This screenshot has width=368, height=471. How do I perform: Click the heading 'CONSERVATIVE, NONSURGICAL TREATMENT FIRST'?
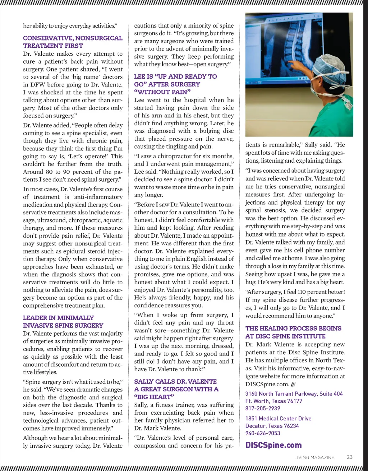tap(73, 42)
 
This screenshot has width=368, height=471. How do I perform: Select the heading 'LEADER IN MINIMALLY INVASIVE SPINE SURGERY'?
tap(63, 322)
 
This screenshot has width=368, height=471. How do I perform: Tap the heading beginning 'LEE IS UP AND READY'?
tap(175, 84)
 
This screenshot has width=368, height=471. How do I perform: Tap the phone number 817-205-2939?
tap(263, 409)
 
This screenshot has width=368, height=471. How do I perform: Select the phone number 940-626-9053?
tap(263, 433)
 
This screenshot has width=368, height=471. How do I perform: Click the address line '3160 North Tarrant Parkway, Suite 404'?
tap(294, 394)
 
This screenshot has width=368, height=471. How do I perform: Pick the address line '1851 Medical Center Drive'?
tap(278, 419)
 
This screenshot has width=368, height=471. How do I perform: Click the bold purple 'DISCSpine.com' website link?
tap(273, 445)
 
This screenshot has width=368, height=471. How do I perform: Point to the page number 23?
tap(349, 457)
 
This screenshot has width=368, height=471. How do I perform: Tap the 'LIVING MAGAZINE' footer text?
tap(314, 458)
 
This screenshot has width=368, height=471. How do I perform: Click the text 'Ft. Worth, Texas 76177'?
tap(274, 401)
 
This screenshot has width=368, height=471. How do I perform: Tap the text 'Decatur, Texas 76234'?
tap(272, 426)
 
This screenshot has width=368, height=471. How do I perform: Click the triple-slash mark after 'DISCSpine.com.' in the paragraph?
tap(293, 384)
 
